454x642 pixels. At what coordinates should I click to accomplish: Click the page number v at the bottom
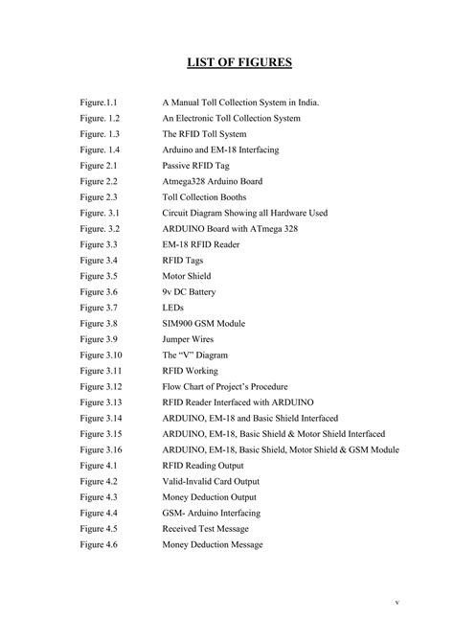[397, 603]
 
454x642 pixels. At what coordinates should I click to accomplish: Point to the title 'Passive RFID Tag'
[196, 165]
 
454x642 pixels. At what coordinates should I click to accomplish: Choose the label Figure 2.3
[99, 196]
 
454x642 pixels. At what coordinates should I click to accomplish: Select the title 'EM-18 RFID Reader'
[203, 244]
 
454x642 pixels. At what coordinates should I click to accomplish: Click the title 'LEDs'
[174, 307]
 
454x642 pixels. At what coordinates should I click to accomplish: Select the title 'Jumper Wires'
[189, 338]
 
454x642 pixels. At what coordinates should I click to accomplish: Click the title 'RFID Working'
[191, 370]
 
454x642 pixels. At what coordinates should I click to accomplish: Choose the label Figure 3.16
[102, 448]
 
